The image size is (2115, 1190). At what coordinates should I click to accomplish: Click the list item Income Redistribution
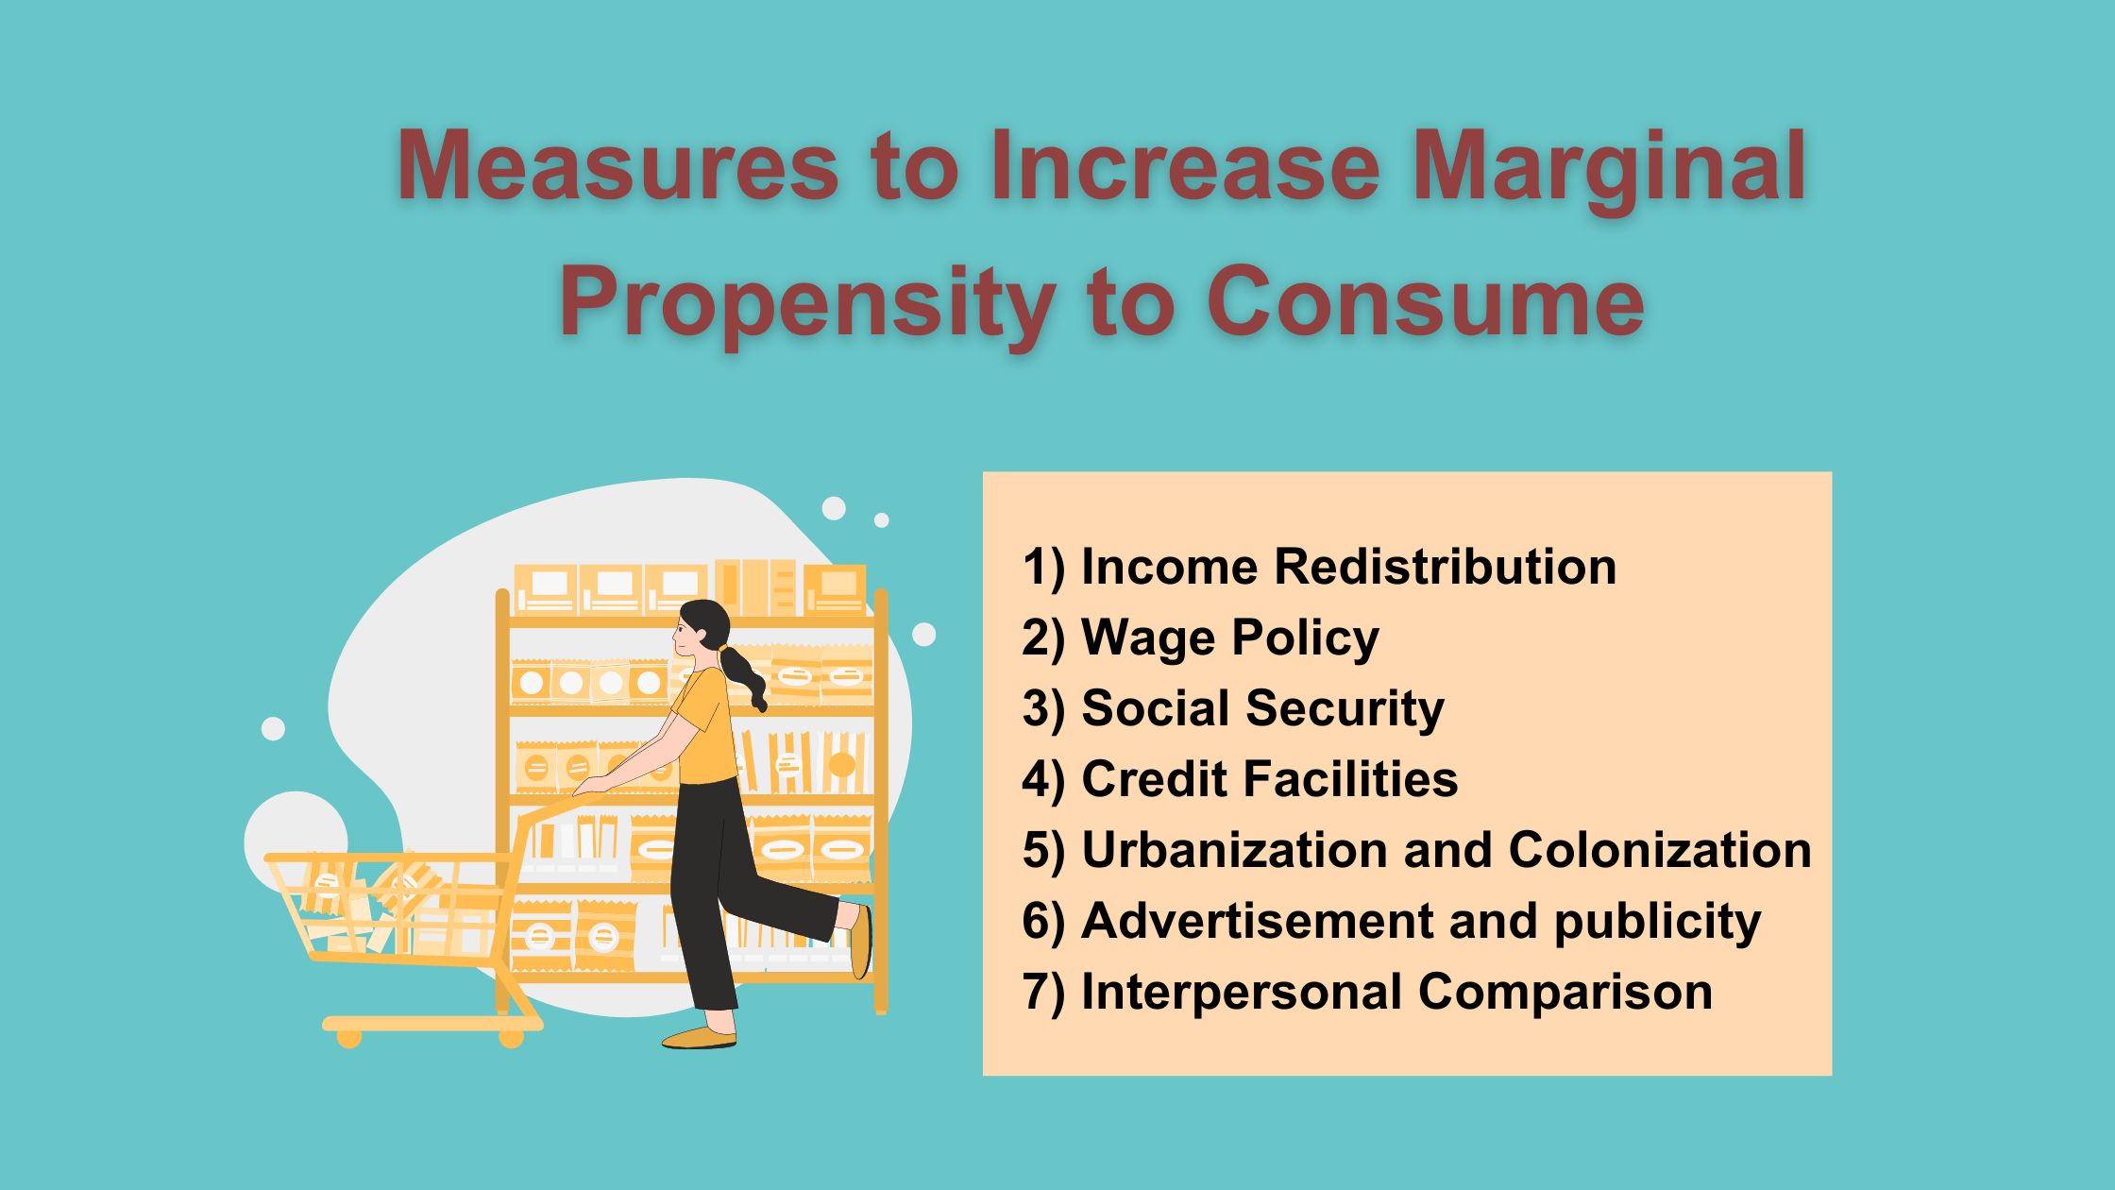1319,567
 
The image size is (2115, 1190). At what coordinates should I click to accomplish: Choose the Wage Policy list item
1200,638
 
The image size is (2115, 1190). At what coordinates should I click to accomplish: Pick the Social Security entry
1233,709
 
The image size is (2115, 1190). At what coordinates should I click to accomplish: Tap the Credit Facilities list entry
1240,779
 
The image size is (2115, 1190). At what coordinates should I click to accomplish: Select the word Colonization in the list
1660,850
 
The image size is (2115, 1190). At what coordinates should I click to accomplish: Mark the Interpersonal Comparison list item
1367,993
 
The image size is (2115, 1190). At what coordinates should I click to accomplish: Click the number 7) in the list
1043,993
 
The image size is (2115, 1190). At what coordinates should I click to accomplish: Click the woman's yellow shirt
706,725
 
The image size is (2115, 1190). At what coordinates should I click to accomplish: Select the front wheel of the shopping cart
511,1038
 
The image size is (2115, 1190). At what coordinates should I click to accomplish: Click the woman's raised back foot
859,941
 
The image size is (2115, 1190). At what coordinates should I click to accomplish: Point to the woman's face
685,638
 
